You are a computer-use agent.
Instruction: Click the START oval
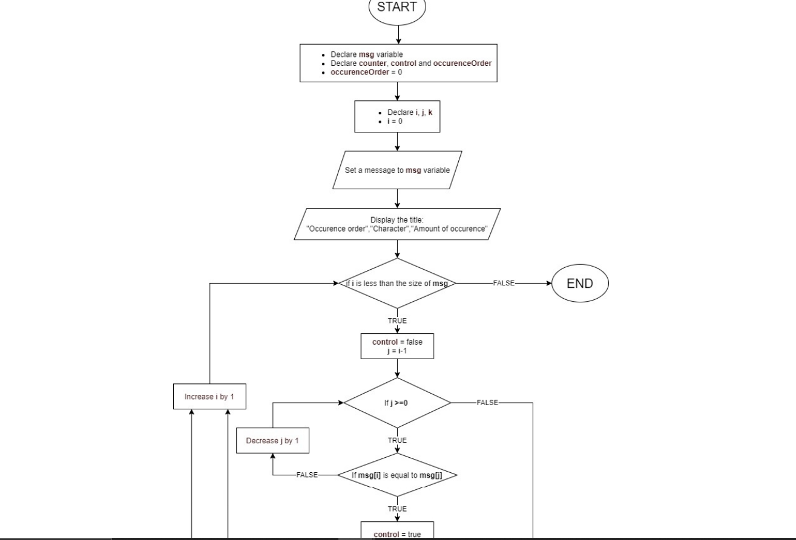(397, 8)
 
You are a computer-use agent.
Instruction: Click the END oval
(580, 283)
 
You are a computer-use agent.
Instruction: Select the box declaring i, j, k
(397, 117)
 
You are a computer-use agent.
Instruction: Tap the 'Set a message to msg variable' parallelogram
(397, 170)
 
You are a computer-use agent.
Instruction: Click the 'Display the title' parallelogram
(397, 224)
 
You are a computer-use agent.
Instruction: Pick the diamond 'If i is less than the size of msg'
(397, 283)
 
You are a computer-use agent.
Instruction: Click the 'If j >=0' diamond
(397, 402)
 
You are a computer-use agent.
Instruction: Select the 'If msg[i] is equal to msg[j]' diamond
(397, 475)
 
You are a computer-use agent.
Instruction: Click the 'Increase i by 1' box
(209, 397)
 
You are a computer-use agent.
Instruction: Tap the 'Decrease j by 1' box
(272, 440)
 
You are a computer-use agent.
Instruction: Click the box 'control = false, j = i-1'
(397, 346)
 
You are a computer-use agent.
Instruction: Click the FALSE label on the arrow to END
(504, 283)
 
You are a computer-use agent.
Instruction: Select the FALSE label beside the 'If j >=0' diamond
(487, 402)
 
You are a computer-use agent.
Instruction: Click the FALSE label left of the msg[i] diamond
(307, 475)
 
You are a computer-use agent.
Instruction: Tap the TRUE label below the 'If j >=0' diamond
(397, 440)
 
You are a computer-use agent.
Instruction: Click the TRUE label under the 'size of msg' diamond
(397, 320)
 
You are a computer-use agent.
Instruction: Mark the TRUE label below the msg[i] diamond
(397, 509)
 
